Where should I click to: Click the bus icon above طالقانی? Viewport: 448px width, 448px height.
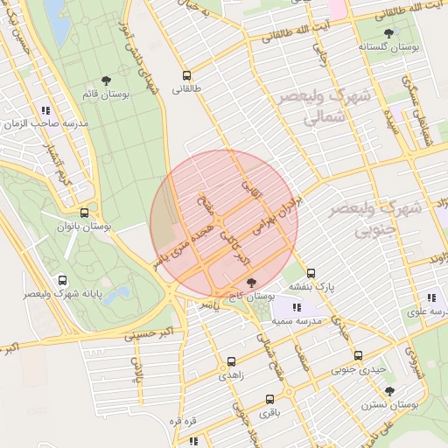coord(186,75)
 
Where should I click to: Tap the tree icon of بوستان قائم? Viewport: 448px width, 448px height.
coord(107,80)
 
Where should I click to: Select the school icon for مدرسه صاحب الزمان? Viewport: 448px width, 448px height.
coord(45,110)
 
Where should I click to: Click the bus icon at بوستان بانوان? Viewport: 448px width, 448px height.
coord(84,213)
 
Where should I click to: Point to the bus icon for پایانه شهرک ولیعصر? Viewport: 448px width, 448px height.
coord(62,280)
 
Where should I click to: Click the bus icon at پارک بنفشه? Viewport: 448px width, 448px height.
coord(311,273)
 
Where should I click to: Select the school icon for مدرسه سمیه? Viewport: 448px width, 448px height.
coord(297,307)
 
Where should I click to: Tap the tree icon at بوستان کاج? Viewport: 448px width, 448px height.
coord(253,283)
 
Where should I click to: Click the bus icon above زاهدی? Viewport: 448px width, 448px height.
coord(231,360)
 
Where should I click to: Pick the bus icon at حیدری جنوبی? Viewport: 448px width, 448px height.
coord(358,355)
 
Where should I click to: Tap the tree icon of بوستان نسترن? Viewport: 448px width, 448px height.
coord(389,391)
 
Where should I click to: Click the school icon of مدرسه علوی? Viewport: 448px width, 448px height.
coord(430,297)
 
